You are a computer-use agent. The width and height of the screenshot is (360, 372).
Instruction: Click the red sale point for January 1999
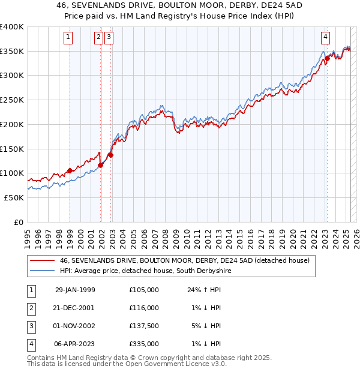pos(70,170)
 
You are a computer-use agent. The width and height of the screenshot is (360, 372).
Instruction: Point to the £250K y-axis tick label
pos(13,100)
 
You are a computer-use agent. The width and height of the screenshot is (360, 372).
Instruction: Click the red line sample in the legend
pos(43,261)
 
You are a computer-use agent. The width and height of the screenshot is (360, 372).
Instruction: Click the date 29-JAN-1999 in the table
pos(75,290)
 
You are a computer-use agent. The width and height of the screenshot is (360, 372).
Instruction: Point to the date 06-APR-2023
pos(75,344)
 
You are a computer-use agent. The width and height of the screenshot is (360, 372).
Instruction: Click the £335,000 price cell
pos(144,344)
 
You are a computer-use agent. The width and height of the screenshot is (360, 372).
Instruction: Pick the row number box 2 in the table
pos(30,308)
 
